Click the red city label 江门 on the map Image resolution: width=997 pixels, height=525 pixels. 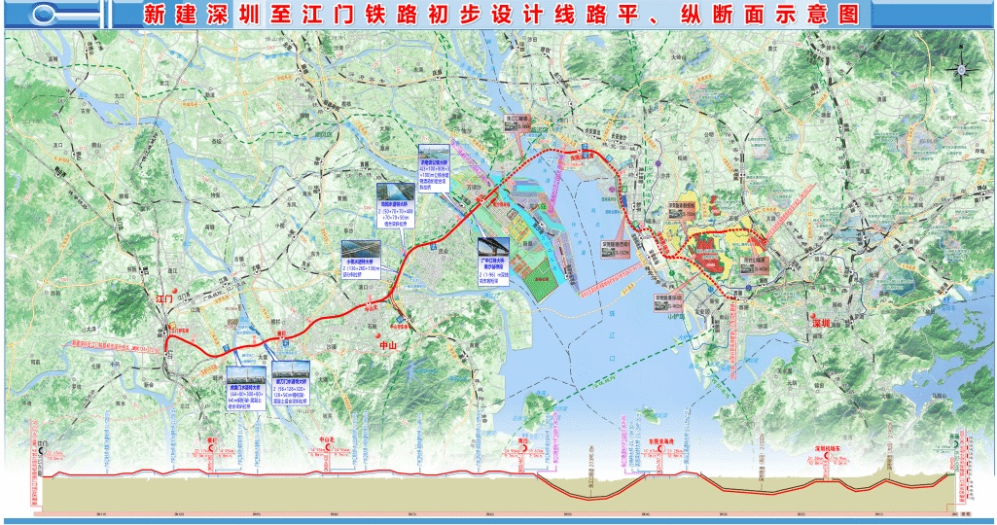[163, 299]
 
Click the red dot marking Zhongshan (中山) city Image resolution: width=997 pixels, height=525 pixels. [397, 321]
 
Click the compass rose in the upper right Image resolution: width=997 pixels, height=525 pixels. [962, 69]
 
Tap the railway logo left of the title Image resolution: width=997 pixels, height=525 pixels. [66, 15]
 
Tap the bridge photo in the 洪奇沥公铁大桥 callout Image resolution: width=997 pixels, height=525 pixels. [435, 160]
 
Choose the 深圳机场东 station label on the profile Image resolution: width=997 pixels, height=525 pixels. [827, 448]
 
